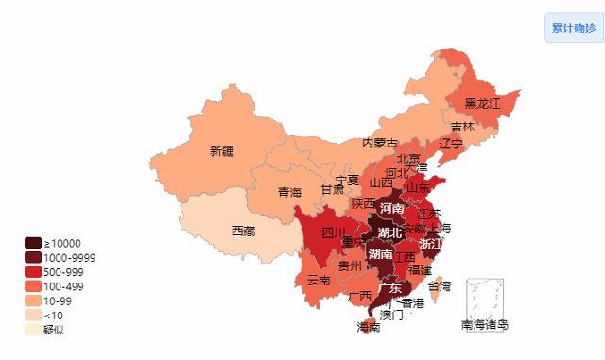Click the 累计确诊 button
tap(574, 28)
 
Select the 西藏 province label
tap(243, 230)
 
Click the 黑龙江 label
tap(482, 103)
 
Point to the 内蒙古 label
tap(380, 143)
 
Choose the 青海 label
tap(289, 193)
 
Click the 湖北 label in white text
tap(389, 232)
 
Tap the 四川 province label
tap(334, 232)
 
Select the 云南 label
tap(319, 280)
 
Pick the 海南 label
tap(369, 327)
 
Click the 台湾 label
tap(441, 285)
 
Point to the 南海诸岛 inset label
tap(484, 325)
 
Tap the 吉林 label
tap(462, 128)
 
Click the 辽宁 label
tap(451, 144)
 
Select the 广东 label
tap(389, 288)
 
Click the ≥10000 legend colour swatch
tap(33, 244)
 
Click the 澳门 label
tap(391, 315)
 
